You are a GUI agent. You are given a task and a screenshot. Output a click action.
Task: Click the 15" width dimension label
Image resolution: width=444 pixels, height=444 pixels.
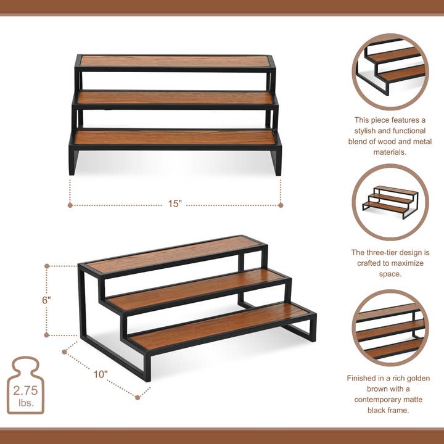coord(175,204)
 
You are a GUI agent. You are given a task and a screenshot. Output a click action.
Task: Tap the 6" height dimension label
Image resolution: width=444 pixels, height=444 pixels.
coord(47,300)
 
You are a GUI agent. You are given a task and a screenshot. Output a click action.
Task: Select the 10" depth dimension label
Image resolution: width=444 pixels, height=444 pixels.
coord(101,374)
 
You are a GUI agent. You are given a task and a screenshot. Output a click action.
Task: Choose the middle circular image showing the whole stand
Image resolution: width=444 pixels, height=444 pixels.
coord(390,202)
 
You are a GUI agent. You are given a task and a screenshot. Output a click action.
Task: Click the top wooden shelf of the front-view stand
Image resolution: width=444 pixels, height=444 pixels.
coord(176,62)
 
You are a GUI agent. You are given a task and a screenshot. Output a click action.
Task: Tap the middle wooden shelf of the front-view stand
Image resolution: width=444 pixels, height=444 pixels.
coord(176,98)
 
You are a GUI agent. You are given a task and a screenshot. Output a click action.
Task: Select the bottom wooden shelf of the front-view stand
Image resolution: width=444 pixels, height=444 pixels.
coord(176,138)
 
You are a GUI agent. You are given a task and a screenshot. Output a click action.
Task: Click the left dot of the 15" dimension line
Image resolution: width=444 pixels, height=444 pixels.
coord(70,205)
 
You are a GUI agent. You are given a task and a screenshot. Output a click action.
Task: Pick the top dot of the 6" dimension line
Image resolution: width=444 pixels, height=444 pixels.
coord(47,266)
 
